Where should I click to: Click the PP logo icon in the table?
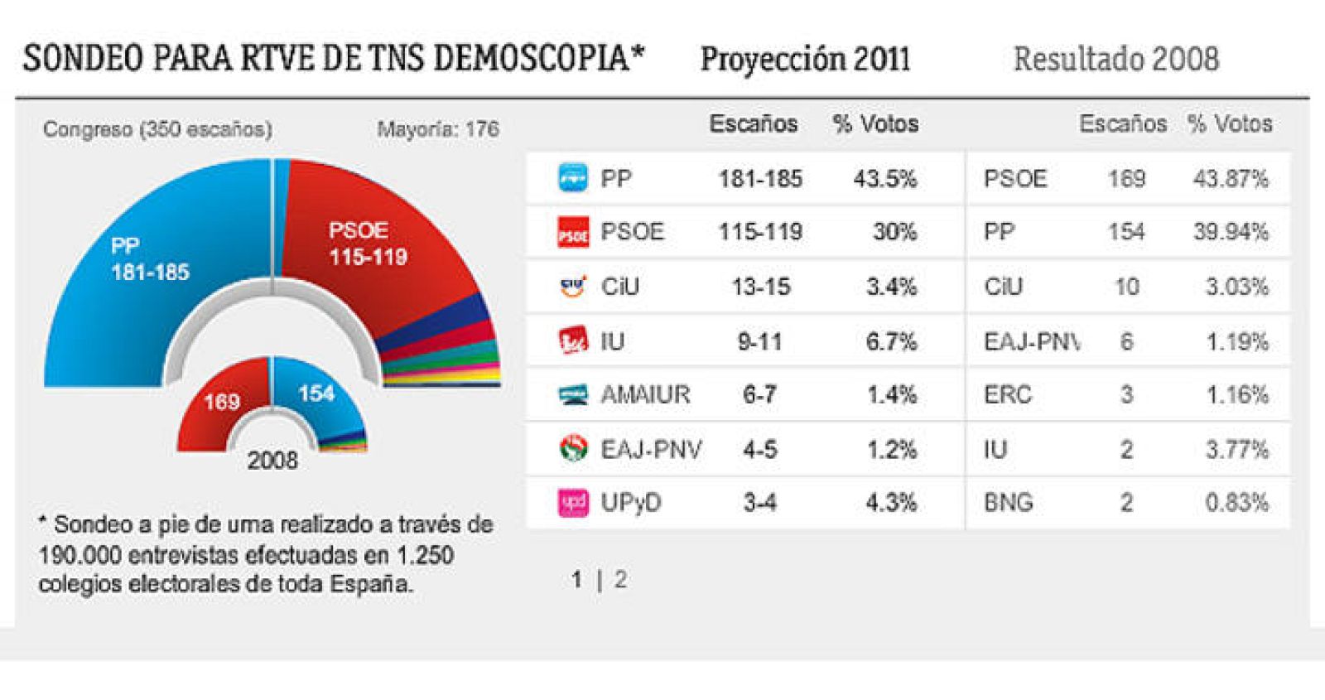pyautogui.click(x=572, y=178)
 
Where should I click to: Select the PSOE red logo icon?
pyautogui.click(x=572, y=232)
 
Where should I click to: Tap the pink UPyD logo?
pyautogui.click(x=573, y=502)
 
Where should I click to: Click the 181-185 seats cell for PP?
pyautogui.click(x=759, y=179)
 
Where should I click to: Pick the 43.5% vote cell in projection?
pyautogui.click(x=884, y=179)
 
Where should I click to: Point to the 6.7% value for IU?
pyautogui.click(x=891, y=341)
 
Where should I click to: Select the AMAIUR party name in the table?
pyautogui.click(x=645, y=395)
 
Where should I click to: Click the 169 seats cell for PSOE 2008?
pyautogui.click(x=1126, y=179)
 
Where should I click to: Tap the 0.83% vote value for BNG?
pyautogui.click(x=1236, y=503)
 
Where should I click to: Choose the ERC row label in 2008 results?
pyautogui.click(x=1007, y=395)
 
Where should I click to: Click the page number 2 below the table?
pyautogui.click(x=620, y=580)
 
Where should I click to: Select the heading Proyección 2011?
pyautogui.click(x=805, y=60)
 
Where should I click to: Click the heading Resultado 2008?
pyautogui.click(x=1115, y=60)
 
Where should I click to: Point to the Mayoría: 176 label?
pyautogui.click(x=437, y=129)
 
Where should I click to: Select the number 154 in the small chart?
pyautogui.click(x=316, y=393)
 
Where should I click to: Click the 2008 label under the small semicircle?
pyautogui.click(x=272, y=461)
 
